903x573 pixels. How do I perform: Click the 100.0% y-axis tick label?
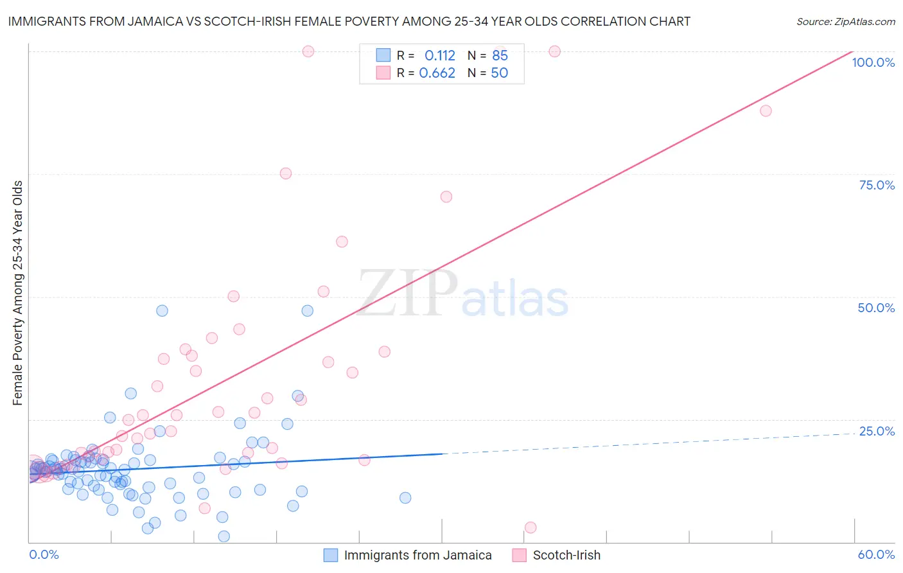click(x=873, y=62)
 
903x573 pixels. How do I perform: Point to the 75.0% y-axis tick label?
click(x=876, y=185)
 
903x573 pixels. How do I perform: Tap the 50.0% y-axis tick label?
click(x=875, y=308)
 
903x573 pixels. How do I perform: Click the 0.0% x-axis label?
click(x=44, y=554)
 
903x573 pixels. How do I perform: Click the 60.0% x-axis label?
click(x=875, y=554)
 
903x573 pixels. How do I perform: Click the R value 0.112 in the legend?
click(x=439, y=56)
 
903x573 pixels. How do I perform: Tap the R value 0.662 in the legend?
click(x=437, y=73)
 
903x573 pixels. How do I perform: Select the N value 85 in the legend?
click(x=500, y=56)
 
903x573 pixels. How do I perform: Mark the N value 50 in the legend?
click(x=499, y=73)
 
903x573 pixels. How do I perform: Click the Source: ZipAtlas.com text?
click(x=845, y=22)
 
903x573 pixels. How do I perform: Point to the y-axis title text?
click(x=17, y=293)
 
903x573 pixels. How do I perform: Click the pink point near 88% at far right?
click(x=766, y=110)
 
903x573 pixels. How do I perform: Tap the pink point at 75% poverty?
click(x=286, y=173)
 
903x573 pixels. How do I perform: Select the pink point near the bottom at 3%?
click(x=530, y=527)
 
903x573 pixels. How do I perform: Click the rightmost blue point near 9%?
click(x=405, y=498)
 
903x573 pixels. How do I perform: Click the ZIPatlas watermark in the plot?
click(x=463, y=294)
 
